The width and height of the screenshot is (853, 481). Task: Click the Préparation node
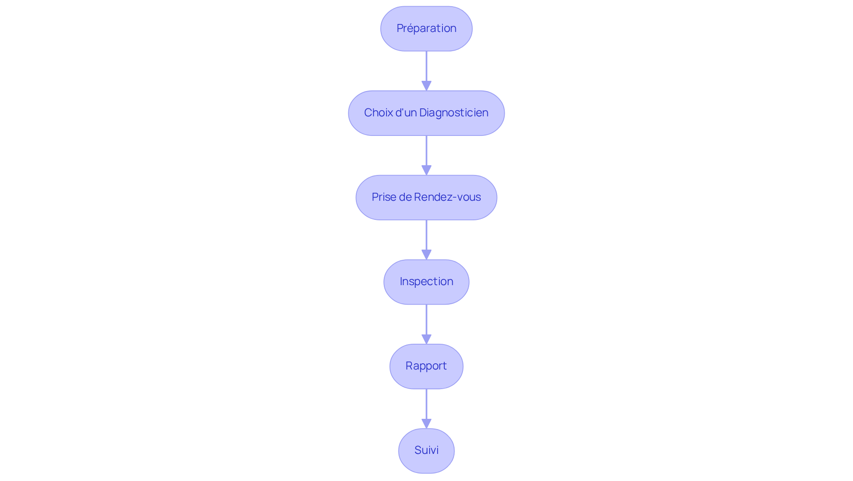click(426, 28)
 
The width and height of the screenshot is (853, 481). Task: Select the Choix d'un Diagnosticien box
click(426, 113)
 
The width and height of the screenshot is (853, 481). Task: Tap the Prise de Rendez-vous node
click(426, 197)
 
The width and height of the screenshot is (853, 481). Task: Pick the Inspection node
click(426, 282)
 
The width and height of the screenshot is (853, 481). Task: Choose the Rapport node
click(426, 366)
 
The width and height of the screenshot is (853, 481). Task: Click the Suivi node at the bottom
click(426, 450)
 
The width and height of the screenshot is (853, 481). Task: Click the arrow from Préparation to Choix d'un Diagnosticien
click(426, 67)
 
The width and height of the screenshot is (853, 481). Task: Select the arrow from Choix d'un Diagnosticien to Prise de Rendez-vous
click(426, 151)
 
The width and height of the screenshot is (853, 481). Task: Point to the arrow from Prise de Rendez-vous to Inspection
click(426, 235)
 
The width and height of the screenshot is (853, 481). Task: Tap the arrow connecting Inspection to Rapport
click(426, 320)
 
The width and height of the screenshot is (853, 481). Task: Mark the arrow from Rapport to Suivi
click(426, 404)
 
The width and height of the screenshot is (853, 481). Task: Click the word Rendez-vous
click(447, 197)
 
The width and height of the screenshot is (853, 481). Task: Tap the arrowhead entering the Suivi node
click(426, 423)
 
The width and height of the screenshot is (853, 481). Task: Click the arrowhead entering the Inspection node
click(426, 254)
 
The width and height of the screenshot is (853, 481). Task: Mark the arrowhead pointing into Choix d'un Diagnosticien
click(426, 86)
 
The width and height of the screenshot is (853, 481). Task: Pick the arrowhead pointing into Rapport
click(426, 339)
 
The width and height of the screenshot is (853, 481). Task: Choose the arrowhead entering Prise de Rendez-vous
click(426, 170)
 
